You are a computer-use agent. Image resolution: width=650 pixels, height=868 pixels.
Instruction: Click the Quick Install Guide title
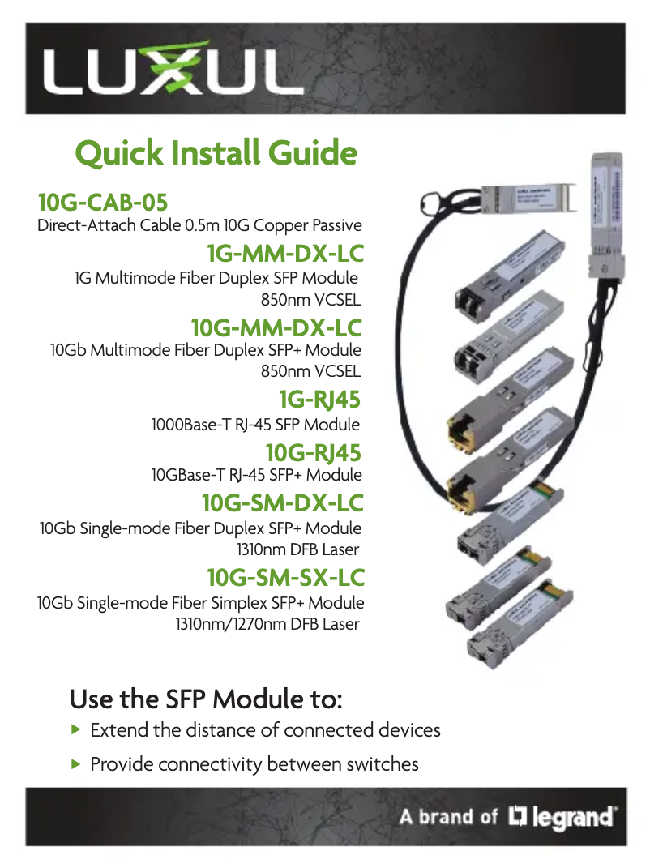click(x=216, y=153)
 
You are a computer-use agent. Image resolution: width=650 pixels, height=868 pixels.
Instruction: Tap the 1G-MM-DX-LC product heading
click(x=284, y=254)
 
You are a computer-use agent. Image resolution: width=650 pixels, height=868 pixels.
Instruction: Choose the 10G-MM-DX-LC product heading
click(x=276, y=328)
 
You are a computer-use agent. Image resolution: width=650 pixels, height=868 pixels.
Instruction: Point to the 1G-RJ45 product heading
click(x=319, y=400)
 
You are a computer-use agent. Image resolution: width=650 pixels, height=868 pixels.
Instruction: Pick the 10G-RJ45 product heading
click(x=313, y=452)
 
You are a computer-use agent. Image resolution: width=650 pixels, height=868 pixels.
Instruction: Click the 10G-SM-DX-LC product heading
click(x=282, y=503)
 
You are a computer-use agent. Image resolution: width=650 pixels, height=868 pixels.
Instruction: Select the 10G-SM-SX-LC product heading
click(x=285, y=578)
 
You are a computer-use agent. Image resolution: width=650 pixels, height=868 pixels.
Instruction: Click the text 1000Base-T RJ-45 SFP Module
click(x=256, y=424)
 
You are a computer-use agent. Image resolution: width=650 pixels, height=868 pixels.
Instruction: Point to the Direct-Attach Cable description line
click(x=199, y=224)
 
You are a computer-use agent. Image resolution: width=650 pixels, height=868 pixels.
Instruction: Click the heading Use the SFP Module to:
click(x=207, y=698)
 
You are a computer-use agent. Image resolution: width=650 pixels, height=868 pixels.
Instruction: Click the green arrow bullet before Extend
click(x=76, y=729)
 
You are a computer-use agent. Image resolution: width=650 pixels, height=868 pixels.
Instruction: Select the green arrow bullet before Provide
click(x=76, y=763)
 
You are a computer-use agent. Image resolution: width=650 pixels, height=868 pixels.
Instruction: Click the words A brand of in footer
click(x=447, y=816)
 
